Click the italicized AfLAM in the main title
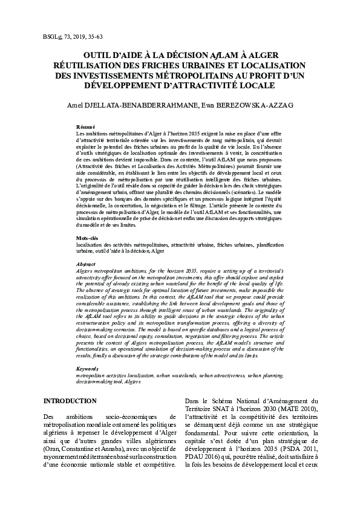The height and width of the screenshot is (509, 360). [216, 53]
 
